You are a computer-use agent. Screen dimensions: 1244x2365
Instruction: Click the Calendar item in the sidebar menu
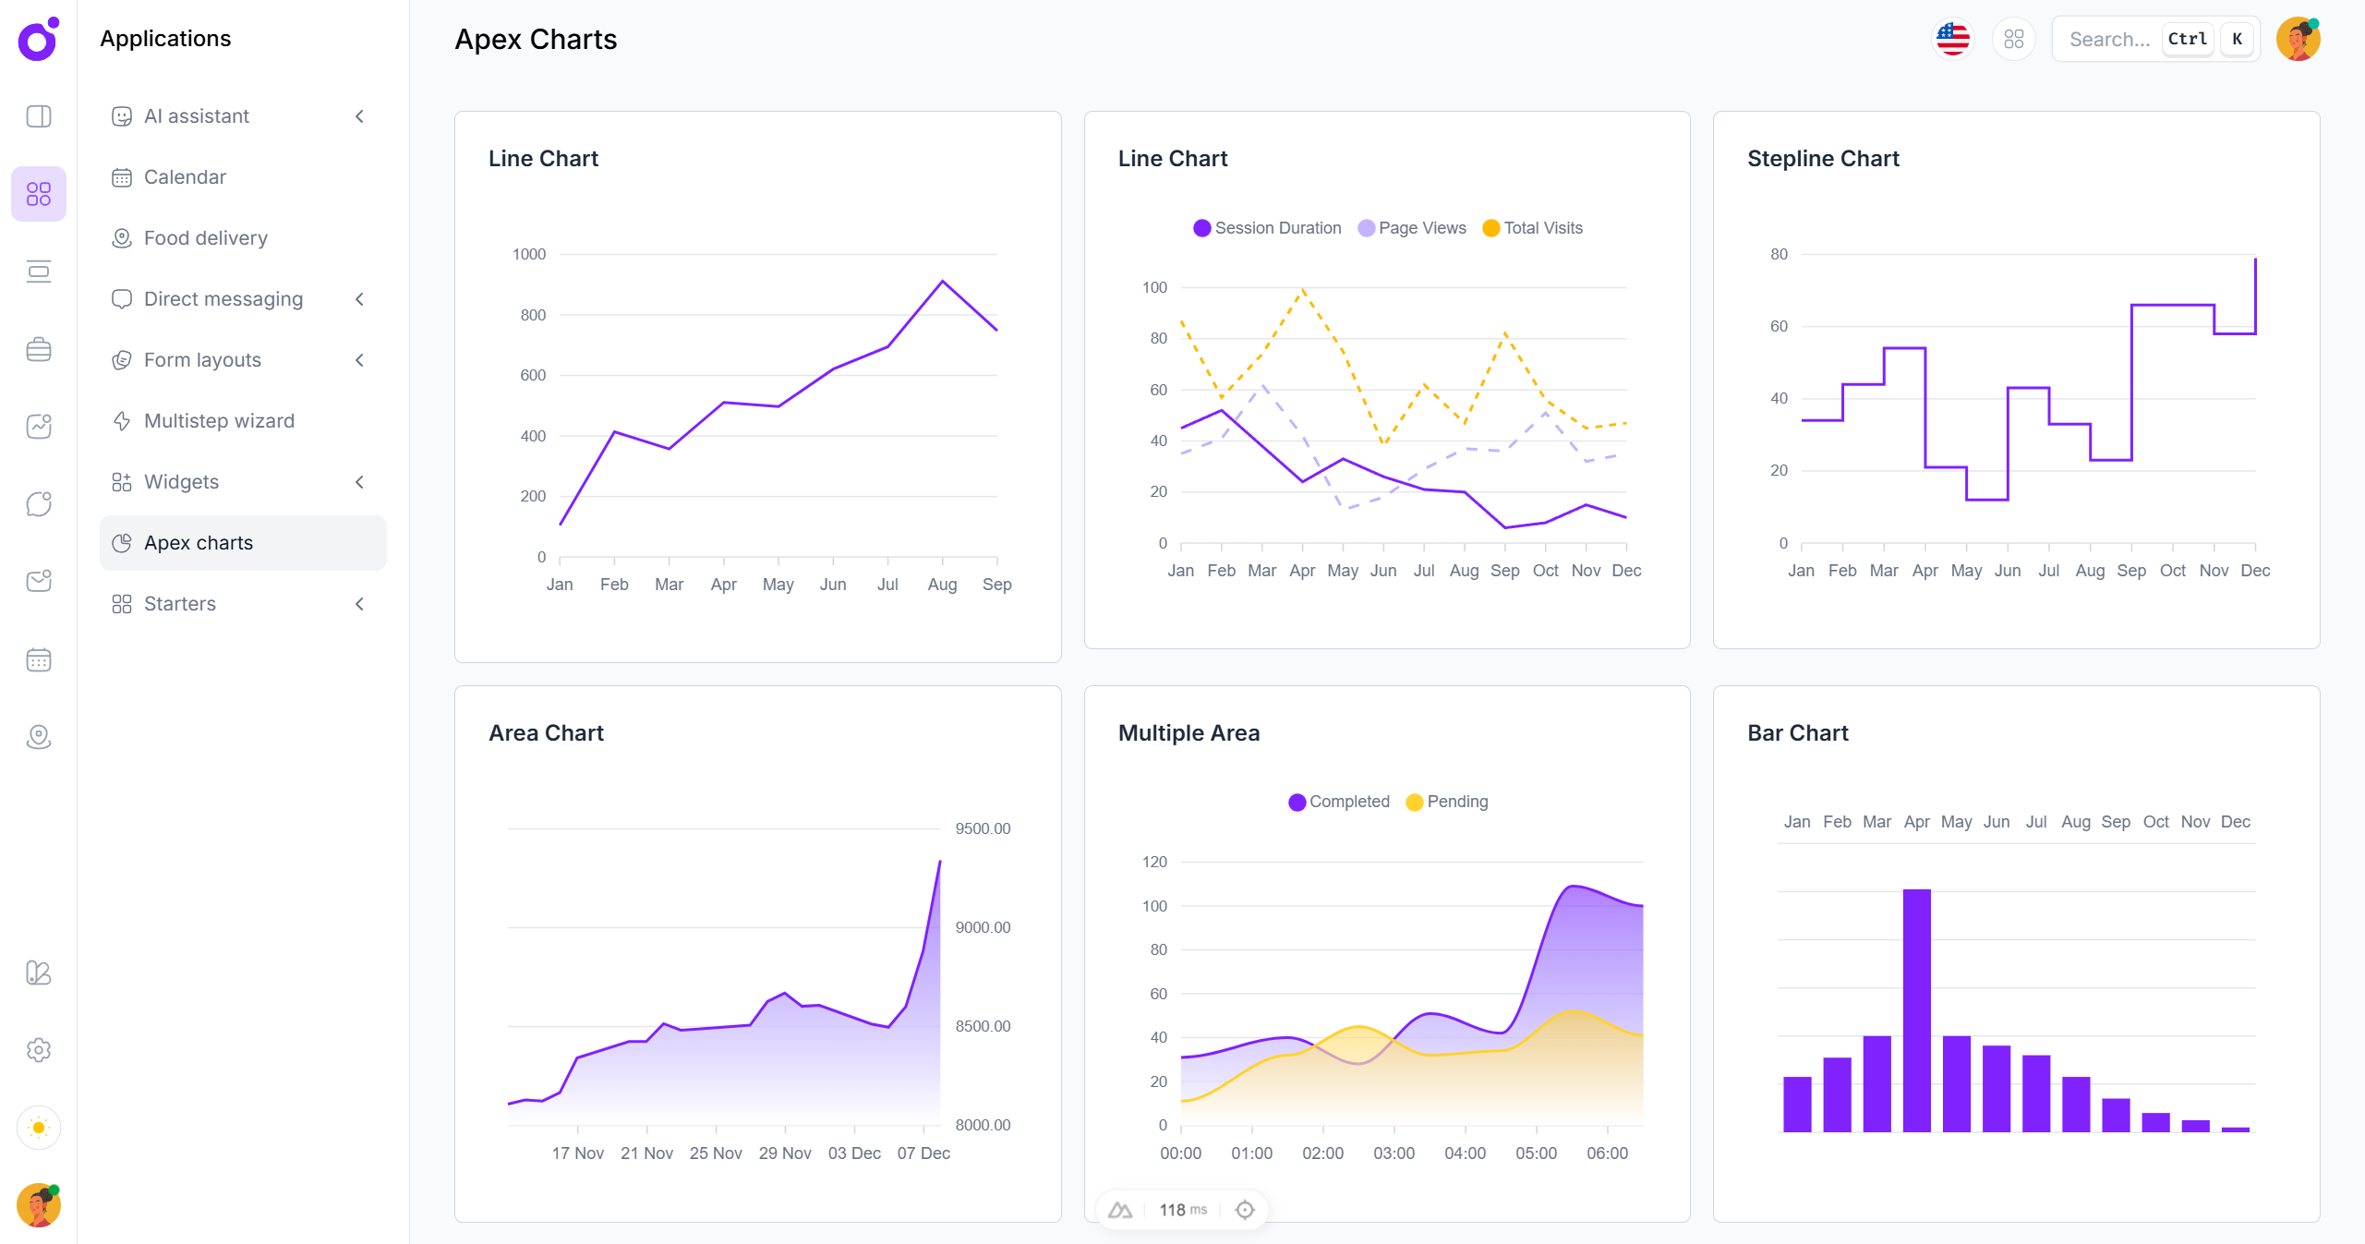pyautogui.click(x=185, y=177)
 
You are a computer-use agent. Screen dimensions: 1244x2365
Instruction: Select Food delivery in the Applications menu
pyautogui.click(x=205, y=238)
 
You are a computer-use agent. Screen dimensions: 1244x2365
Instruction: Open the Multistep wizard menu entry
pyautogui.click(x=219, y=421)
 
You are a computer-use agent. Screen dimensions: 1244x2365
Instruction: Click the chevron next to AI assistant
pyautogui.click(x=360, y=116)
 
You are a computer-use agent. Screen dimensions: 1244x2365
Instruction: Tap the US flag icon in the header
pyautogui.click(x=1952, y=40)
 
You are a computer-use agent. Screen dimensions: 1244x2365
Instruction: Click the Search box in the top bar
pyautogui.click(x=2109, y=40)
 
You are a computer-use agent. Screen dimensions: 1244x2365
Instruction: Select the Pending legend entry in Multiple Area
pyautogui.click(x=1447, y=802)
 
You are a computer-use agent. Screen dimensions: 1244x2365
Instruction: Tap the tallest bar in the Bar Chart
pyautogui.click(x=1916, y=1010)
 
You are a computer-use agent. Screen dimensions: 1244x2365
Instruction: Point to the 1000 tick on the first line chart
pyautogui.click(x=529, y=254)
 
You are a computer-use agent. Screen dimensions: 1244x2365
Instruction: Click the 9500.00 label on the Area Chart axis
pyautogui.click(x=983, y=828)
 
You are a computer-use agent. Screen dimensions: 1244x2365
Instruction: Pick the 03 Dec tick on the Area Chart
pyautogui.click(x=854, y=1153)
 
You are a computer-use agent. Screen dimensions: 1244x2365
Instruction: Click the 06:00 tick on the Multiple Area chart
pyautogui.click(x=1607, y=1153)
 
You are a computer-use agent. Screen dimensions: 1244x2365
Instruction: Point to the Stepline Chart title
pyautogui.click(x=1823, y=159)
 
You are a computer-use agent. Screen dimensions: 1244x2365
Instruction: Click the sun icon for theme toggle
pyautogui.click(x=39, y=1128)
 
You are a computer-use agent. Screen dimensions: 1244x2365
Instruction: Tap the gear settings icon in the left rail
pyautogui.click(x=39, y=1050)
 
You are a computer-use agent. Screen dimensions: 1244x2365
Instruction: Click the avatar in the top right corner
pyautogui.click(x=2298, y=40)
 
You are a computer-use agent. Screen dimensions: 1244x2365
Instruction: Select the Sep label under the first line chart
pyautogui.click(x=996, y=585)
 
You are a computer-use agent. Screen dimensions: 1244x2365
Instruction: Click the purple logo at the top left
pyautogui.click(x=38, y=40)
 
